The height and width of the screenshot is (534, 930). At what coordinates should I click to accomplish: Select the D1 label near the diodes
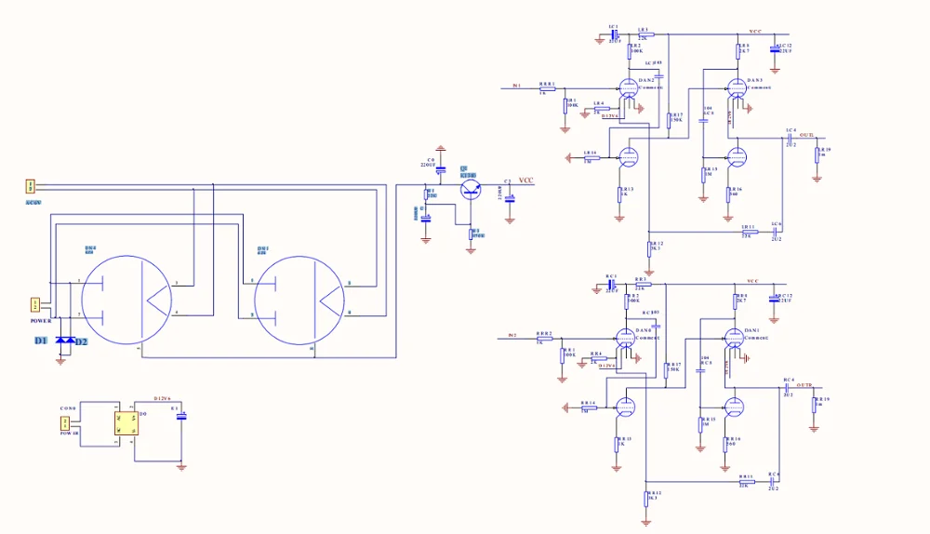pyautogui.click(x=41, y=341)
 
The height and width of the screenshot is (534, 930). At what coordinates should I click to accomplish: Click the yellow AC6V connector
pyautogui.click(x=30, y=187)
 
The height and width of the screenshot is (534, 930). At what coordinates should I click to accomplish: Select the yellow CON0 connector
pyautogui.click(x=66, y=424)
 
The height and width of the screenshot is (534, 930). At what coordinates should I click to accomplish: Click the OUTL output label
pyautogui.click(x=806, y=135)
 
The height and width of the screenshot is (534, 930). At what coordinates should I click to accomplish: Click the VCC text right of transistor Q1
pyautogui.click(x=526, y=180)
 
